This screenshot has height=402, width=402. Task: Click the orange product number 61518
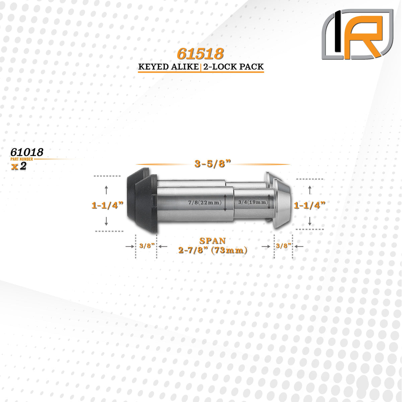point(200,54)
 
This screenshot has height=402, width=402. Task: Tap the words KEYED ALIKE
point(169,67)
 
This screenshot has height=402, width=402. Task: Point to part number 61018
point(27,152)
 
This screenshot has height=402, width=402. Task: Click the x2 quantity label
point(19,166)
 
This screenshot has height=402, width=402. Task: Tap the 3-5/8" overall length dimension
point(213,164)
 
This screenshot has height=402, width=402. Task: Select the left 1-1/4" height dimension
point(108,205)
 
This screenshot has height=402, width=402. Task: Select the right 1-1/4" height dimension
point(310,205)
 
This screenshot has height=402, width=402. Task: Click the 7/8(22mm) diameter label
point(205,202)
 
